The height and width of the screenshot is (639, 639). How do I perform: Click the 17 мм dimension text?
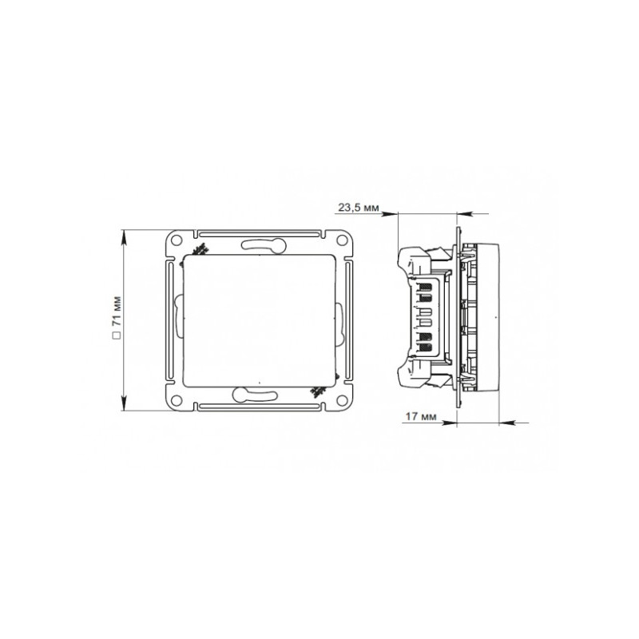pos(420,417)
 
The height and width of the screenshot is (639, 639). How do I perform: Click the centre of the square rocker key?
pos(260,319)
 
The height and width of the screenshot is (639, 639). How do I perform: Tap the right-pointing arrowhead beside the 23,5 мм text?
pos(391,213)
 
